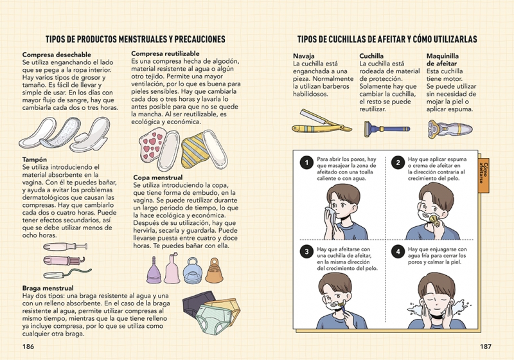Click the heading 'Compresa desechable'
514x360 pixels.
point(57,55)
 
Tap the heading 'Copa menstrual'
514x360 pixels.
point(158,177)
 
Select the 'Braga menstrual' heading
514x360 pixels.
point(48,288)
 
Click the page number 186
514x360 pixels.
point(28,346)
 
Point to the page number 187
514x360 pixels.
point(486,346)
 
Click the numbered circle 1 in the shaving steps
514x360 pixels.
point(306,163)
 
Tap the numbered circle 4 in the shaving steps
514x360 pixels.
point(398,252)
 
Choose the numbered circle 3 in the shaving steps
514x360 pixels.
point(306,252)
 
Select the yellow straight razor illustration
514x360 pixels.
point(321,122)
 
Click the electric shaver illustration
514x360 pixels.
point(450,129)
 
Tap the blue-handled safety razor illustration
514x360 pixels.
point(387,129)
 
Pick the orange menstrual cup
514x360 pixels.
point(214,271)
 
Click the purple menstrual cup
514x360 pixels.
point(154,271)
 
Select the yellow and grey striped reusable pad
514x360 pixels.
point(193,150)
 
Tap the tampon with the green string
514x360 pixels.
point(67,273)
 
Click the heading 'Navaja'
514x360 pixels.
point(303,56)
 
